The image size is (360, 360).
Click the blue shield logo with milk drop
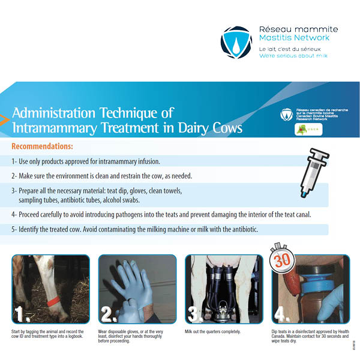(x=236, y=41)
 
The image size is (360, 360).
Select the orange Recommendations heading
(x=42, y=146)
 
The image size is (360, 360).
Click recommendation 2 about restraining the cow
(x=114, y=176)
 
